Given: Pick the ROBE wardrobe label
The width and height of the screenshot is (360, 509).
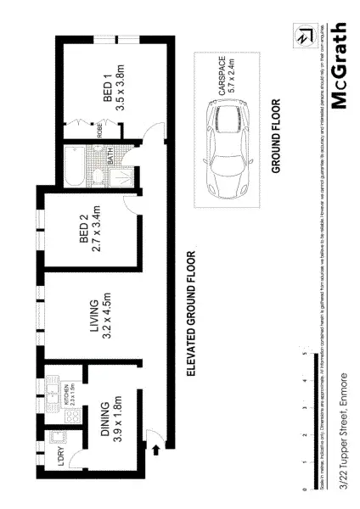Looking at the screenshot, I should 99,129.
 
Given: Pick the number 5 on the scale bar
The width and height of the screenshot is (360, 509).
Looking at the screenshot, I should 303,354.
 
